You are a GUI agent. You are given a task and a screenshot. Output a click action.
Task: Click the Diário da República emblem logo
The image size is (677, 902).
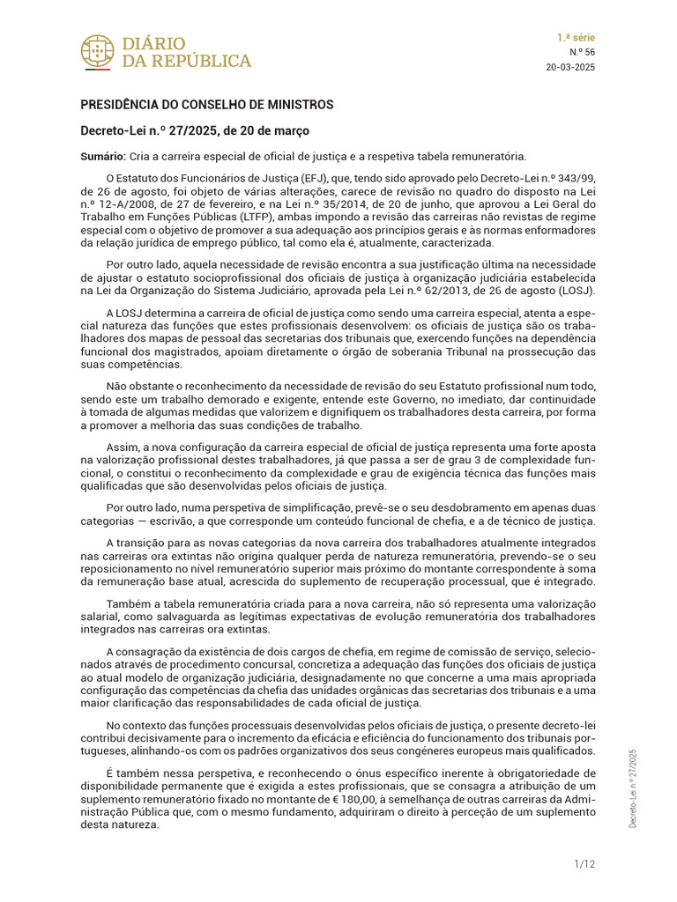click(x=97, y=52)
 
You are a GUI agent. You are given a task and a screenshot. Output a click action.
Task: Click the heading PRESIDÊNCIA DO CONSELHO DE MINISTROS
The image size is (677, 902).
click(x=207, y=105)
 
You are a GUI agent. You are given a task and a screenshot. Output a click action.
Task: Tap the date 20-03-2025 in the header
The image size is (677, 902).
click(x=570, y=67)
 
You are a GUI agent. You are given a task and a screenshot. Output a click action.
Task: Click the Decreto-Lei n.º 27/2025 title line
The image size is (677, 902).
click(x=195, y=131)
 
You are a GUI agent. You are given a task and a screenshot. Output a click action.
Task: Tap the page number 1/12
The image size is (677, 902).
click(x=584, y=864)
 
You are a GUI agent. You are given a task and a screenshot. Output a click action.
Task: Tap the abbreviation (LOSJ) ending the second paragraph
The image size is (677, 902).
click(x=576, y=291)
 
